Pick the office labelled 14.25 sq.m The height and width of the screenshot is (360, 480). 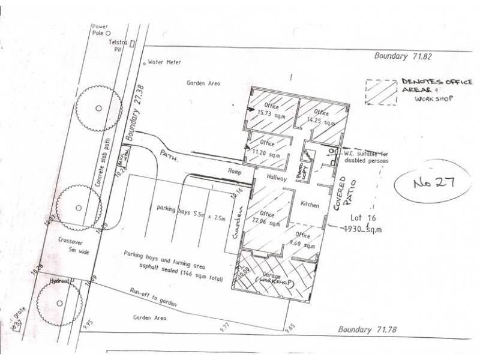pos(319,117)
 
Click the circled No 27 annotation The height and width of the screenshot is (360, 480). pos(429,183)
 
